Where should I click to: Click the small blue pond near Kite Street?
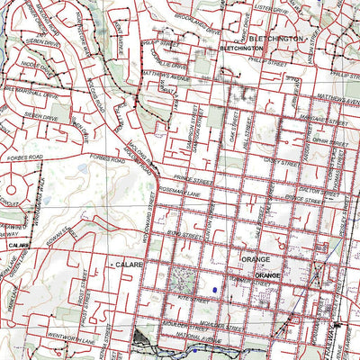216,290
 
